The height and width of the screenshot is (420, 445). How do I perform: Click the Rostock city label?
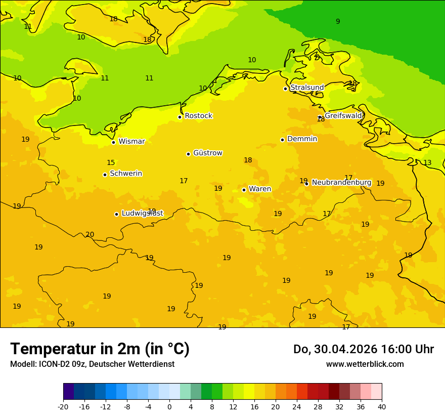click(x=198, y=116)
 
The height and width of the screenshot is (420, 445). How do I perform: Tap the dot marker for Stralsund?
click(x=285, y=89)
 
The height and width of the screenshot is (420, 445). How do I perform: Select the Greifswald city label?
click(x=343, y=116)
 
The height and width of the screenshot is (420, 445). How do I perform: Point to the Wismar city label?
click(x=131, y=142)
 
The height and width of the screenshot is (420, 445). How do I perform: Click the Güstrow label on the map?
click(x=207, y=153)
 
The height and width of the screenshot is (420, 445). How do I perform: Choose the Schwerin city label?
click(x=125, y=174)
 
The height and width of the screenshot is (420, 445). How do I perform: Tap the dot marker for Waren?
click(x=244, y=190)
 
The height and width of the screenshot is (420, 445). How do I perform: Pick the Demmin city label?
click(x=302, y=139)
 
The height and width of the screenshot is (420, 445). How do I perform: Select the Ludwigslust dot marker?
click(x=116, y=214)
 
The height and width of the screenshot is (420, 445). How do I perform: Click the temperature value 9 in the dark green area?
click(x=338, y=21)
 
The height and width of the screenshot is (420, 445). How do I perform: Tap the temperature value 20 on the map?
click(x=90, y=234)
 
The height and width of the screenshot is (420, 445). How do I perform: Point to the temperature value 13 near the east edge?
click(x=427, y=162)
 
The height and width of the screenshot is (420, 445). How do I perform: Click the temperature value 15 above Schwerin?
click(x=111, y=162)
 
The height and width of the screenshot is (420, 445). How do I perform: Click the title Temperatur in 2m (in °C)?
click(x=100, y=349)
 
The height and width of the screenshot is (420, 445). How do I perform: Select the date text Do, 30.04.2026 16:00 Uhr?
click(x=363, y=349)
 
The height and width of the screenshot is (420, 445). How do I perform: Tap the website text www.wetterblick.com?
click(x=365, y=364)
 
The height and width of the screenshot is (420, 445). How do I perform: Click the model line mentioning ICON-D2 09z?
click(x=92, y=364)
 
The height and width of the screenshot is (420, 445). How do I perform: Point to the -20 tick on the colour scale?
click(x=63, y=406)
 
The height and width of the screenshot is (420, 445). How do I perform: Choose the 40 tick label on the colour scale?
click(x=382, y=406)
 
